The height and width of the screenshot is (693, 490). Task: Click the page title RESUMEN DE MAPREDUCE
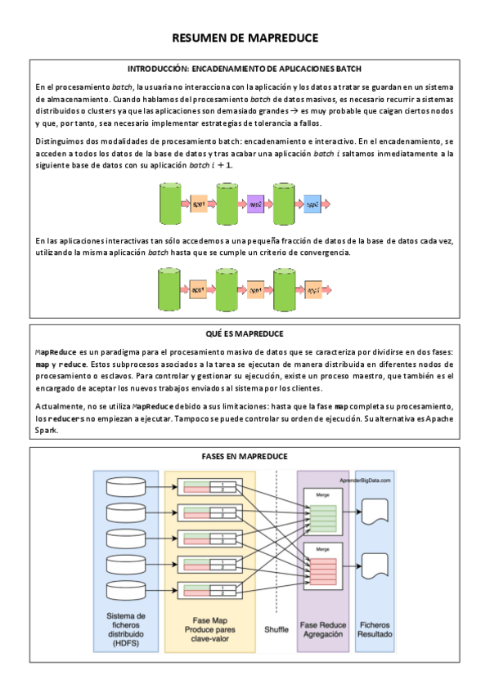pos(245,38)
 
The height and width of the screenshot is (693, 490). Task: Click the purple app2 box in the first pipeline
pos(254,203)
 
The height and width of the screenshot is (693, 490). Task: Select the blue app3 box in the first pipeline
pos(312,203)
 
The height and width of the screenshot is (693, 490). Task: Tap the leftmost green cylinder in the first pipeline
pos(169,203)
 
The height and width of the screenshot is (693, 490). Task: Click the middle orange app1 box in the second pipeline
pos(254,290)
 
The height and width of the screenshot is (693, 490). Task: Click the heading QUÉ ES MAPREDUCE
pos(245,333)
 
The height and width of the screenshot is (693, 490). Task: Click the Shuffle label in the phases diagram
pos(276,629)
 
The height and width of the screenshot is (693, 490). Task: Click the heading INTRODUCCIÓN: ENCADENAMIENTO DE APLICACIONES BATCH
pos(245,69)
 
